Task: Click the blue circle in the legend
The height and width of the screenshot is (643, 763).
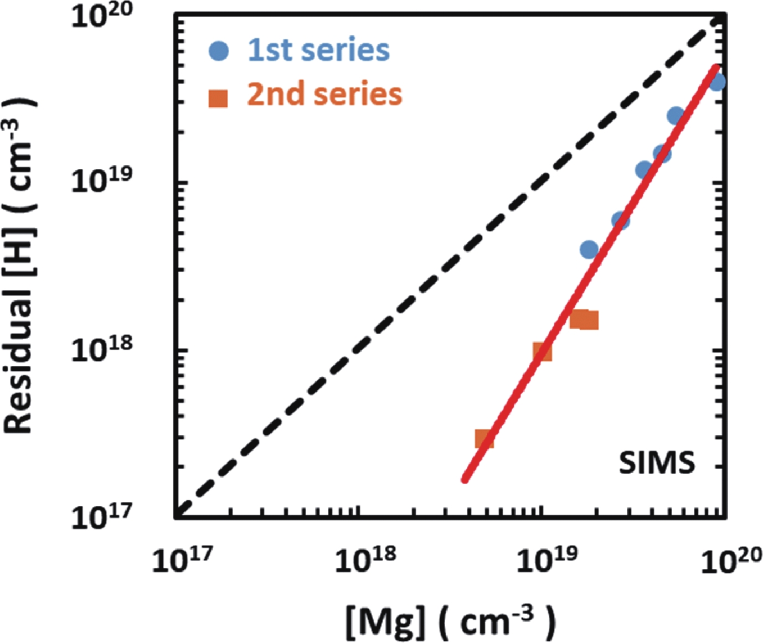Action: coord(219,51)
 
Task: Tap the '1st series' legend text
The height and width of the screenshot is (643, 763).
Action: coord(318,50)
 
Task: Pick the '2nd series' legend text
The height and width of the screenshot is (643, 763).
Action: coord(324,94)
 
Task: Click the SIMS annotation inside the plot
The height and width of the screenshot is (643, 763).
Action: coord(657,462)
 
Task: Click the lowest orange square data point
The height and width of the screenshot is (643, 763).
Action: coord(484,439)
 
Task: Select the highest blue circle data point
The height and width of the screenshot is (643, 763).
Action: coord(717,82)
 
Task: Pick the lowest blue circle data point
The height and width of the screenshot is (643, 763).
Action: coord(589,250)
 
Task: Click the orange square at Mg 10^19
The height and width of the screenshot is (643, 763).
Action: coord(543,351)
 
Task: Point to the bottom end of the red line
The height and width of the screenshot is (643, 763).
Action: coord(465,479)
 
